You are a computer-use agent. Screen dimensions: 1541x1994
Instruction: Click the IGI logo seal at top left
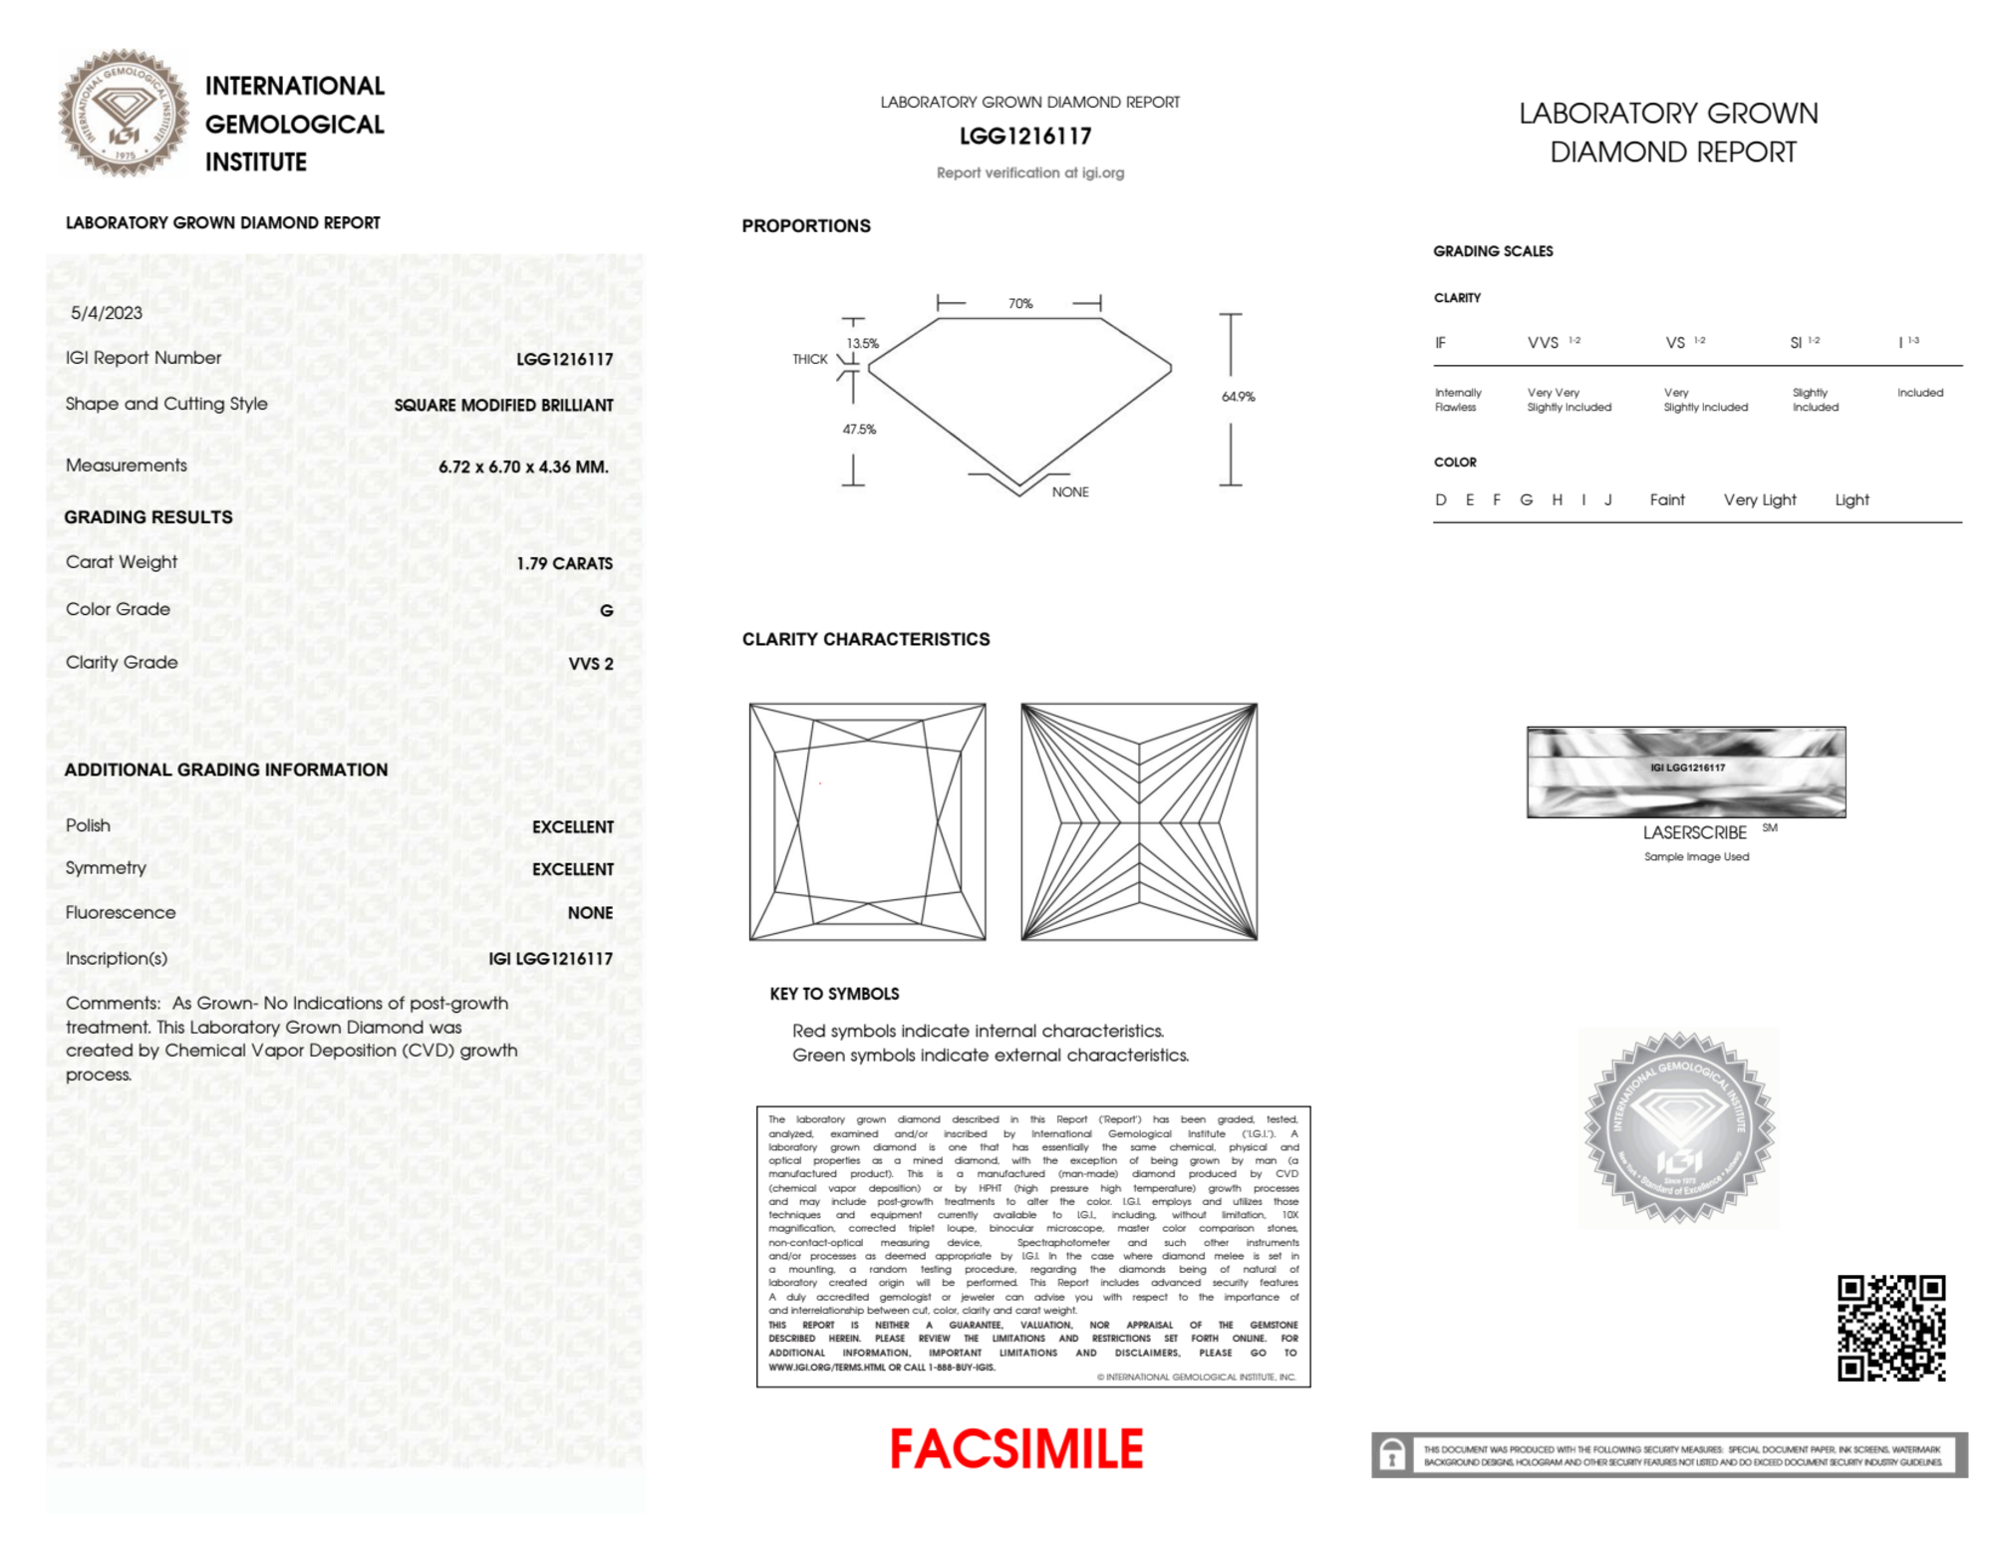coord(124,113)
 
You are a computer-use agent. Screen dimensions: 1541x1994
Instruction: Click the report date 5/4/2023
coord(107,313)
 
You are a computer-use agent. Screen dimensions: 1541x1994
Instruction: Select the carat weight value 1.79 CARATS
coord(564,563)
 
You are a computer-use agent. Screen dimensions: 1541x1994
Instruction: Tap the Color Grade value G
coord(606,610)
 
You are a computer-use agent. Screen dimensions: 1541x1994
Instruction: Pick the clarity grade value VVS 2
coord(590,664)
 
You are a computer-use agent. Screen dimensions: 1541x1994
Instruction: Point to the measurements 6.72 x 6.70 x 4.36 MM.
coord(523,466)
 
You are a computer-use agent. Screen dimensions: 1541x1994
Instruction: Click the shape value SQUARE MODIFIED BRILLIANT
coord(503,406)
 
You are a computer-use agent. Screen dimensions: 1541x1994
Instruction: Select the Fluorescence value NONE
coord(590,913)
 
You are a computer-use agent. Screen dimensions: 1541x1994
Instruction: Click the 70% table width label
coord(1019,303)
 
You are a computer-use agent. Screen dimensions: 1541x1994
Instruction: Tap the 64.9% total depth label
coord(1238,397)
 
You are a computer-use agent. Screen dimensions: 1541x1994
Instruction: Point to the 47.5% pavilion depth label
coord(859,430)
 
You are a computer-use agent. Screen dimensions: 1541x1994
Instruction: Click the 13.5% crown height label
coord(863,343)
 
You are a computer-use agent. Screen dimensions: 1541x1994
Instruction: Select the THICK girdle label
coord(809,359)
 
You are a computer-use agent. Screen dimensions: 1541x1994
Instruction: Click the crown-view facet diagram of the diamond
coord(867,821)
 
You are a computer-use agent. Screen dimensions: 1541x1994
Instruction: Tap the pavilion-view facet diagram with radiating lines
coord(1139,821)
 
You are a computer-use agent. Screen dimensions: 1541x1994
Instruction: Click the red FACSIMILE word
coord(1015,1449)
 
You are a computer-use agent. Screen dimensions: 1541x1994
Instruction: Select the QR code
coord(1890,1328)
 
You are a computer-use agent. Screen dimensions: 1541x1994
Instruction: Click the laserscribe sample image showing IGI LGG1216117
coord(1686,772)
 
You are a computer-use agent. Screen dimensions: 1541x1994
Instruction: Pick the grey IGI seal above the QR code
coord(1679,1127)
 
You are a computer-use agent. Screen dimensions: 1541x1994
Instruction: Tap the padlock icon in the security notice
coord(1392,1455)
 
